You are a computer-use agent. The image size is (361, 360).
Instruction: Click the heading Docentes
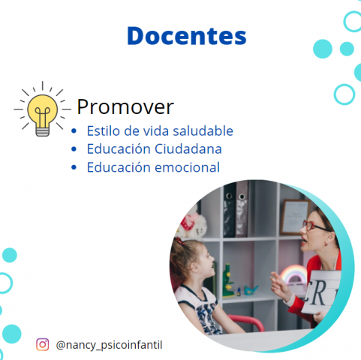pos(187,36)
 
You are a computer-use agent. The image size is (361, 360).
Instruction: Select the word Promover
pos(125,107)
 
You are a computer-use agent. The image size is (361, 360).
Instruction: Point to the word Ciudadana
pos(188,149)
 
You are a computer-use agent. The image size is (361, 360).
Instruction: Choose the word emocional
pos(188,167)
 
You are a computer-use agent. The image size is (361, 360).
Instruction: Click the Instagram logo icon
pos(43,344)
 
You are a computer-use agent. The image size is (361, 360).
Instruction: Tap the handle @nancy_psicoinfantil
pos(109,345)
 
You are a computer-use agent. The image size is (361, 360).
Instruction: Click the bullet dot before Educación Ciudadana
pos(74,149)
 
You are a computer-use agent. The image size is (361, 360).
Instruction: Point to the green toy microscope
pos(228,280)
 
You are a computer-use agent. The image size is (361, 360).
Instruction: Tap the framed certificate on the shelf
pos(295,217)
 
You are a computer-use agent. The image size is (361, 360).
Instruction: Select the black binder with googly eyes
pos(230,211)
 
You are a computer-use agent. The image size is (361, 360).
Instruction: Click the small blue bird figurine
pos(251,289)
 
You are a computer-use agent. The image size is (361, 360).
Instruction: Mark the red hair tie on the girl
pos(179,241)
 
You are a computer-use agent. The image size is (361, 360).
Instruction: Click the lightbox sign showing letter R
pos(320,292)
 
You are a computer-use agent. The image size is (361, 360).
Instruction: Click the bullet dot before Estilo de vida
pos(74,131)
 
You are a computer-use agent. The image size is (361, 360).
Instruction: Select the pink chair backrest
pos(246,321)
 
